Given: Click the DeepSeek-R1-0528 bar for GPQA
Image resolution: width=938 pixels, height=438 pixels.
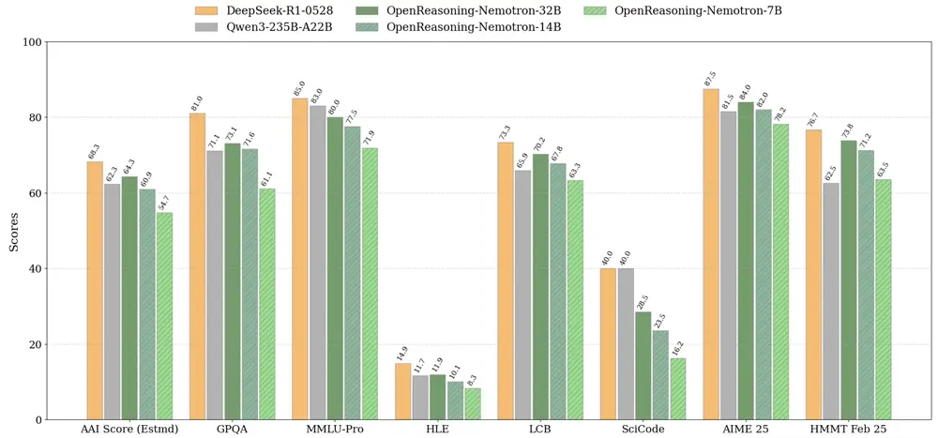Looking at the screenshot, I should point(197,266).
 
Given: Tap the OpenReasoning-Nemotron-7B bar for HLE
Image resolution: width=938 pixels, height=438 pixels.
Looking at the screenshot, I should point(472,403).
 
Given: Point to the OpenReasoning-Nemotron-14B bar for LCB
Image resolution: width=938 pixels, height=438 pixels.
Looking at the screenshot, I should point(558,292).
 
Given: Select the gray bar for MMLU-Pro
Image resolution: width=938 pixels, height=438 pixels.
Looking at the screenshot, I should point(318,263).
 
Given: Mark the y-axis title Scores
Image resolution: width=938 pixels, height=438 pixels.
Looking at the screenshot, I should point(13,231).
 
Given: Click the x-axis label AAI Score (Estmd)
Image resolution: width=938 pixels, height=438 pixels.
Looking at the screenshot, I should point(129,430).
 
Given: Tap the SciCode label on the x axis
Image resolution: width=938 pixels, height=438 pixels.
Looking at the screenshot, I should point(643,430).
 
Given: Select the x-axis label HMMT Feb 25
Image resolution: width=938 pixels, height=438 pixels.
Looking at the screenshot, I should point(848,430).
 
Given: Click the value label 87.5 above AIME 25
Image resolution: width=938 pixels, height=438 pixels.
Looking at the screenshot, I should point(710,75).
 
